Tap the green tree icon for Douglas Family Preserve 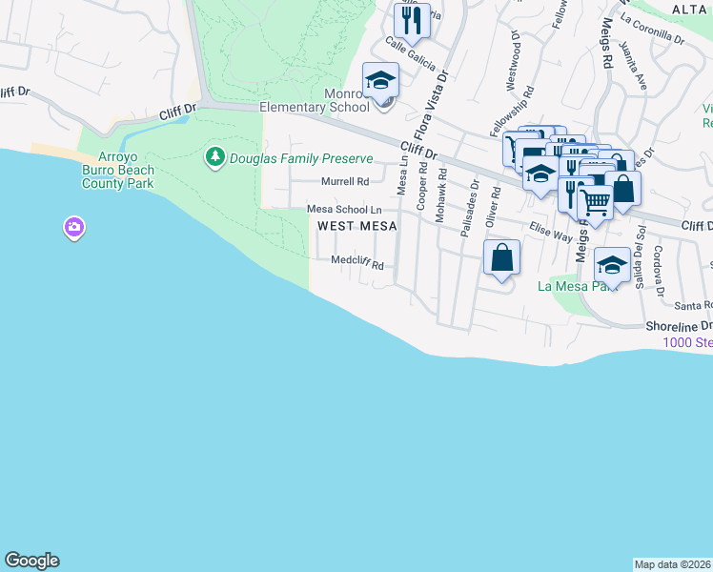216,155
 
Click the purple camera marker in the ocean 74,227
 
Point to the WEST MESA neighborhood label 356,226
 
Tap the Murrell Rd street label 344,181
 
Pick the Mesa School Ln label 343,210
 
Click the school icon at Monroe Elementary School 380,80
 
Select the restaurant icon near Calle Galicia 412,19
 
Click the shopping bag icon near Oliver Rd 501,258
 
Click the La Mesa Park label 571,286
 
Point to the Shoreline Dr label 679,326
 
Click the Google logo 31,561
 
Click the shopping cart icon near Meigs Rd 596,202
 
